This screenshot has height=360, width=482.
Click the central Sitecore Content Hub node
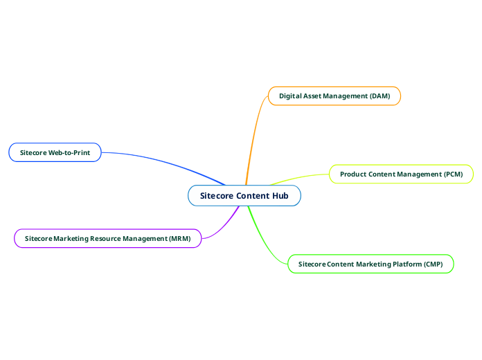pos(244,196)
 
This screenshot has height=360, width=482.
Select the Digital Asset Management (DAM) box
pos(334,96)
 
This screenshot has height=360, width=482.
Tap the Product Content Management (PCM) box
pos(401,174)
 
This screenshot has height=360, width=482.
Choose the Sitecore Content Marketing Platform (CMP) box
pos(371,264)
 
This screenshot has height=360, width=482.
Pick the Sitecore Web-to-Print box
pos(55,152)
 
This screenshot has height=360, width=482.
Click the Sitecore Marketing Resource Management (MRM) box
pos(107,238)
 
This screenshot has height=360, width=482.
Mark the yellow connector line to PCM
pos(298,177)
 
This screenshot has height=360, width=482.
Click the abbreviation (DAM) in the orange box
pos(380,96)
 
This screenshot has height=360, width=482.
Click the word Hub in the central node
pos(280,196)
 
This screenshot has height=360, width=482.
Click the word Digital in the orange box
pos(291,96)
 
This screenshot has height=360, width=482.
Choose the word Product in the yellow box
pos(353,174)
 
